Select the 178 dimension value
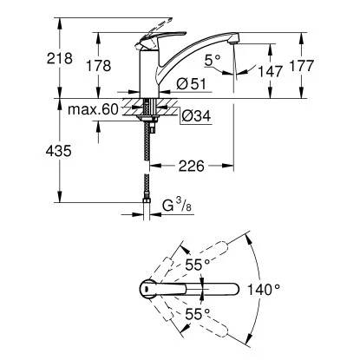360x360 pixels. pyautogui.click(x=101, y=65)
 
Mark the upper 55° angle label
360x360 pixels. pyautogui.click(x=202, y=263)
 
